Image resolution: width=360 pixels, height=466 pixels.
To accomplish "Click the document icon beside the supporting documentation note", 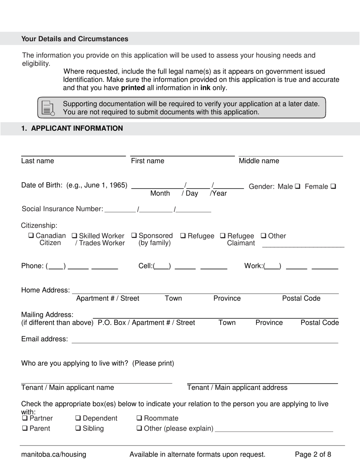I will (47, 108).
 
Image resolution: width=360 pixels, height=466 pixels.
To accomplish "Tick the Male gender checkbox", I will (297, 186).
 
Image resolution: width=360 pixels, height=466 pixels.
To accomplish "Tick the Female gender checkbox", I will (333, 186).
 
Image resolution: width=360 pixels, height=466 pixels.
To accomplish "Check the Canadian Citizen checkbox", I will (31, 236).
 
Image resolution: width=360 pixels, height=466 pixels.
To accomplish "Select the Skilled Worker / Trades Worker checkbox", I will (74, 236).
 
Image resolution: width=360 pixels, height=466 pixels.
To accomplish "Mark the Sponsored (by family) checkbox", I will (134, 236).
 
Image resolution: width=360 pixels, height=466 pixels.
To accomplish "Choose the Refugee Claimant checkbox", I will (223, 236).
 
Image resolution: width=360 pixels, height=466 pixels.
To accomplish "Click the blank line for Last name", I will (73, 155).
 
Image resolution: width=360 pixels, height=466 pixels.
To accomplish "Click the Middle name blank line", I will (290, 155).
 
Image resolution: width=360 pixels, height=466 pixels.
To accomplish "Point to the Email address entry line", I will (205, 342).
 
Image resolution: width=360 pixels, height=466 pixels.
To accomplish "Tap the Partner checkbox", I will (25, 418).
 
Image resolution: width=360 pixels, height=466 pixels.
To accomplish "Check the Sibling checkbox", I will (78, 428).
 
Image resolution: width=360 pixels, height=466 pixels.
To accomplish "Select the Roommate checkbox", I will (139, 418).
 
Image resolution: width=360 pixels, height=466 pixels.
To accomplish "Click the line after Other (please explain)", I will (274, 431).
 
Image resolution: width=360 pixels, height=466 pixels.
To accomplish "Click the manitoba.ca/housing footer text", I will (53, 454).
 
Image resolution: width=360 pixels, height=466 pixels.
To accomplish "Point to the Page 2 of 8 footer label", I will (313, 454).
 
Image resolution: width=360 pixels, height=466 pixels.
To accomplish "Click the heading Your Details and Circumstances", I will (75, 39).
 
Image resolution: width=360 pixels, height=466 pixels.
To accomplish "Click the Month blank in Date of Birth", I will (157, 187).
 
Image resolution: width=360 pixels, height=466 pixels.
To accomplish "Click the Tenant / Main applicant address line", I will (262, 383).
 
